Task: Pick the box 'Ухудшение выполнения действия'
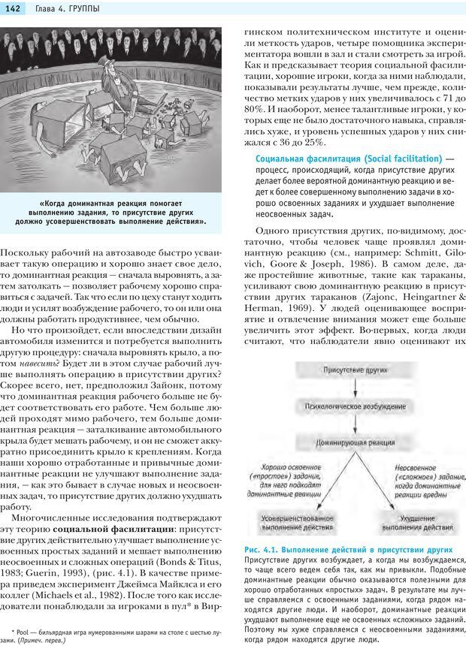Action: [417, 523]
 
